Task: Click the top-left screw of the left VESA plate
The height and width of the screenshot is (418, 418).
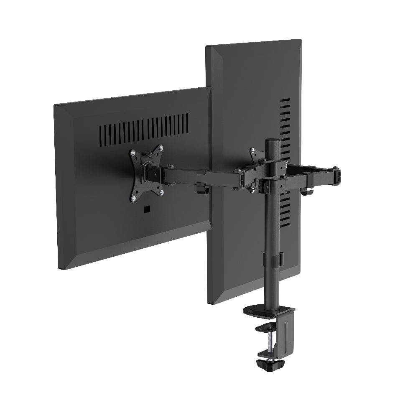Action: pyautogui.click(x=133, y=153)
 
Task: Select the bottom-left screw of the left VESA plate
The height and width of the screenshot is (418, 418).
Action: pyautogui.click(x=134, y=198)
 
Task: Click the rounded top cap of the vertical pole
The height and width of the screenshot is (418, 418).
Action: pyautogui.click(x=272, y=141)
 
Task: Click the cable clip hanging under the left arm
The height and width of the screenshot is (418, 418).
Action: pyautogui.click(x=202, y=189)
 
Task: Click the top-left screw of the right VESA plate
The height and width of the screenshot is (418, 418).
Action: pyautogui.click(x=252, y=150)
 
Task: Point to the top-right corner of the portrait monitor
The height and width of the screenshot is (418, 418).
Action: pyautogui.click(x=301, y=41)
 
